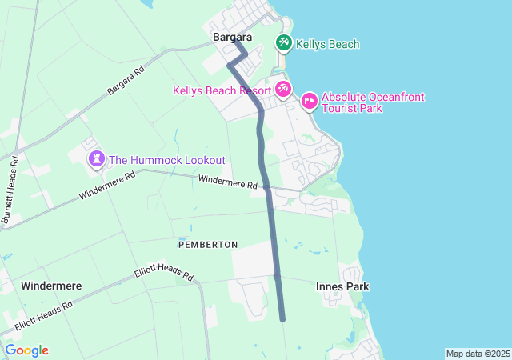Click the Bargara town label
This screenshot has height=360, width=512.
[x=232, y=38]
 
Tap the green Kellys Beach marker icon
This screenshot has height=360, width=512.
[x=283, y=43]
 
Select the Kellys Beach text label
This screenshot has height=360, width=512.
[x=327, y=44]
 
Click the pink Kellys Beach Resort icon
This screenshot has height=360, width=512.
[x=282, y=89]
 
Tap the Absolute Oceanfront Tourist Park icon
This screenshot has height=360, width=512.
[x=309, y=101]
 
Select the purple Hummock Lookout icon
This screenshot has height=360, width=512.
[x=97, y=158]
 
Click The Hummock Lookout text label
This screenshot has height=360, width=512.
[x=167, y=160]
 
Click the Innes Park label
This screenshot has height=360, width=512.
[x=342, y=286]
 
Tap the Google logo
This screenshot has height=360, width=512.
[x=27, y=350]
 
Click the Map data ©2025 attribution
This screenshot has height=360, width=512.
[x=478, y=354]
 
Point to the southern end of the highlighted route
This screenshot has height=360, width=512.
[x=282, y=319]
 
